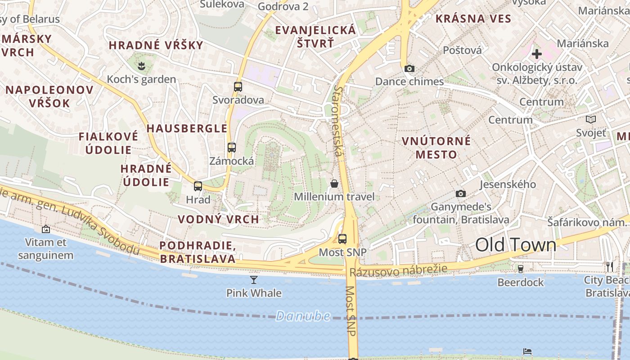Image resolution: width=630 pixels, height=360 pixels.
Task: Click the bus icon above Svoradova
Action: pyautogui.click(x=238, y=87)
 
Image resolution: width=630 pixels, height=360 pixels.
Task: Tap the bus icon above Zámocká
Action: pyautogui.click(x=232, y=148)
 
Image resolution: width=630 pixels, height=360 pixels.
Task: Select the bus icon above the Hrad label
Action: pyautogui.click(x=198, y=186)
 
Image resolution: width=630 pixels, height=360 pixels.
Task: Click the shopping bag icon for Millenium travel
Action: pyautogui.click(x=334, y=184)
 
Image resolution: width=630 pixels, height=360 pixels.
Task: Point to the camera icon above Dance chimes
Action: pyautogui.click(x=409, y=68)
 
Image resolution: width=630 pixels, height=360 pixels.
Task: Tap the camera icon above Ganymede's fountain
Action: pyautogui.click(x=461, y=193)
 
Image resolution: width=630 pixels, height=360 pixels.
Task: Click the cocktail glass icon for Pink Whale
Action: pyautogui.click(x=254, y=280)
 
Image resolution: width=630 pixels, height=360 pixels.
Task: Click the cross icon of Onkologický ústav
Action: pyautogui.click(x=536, y=54)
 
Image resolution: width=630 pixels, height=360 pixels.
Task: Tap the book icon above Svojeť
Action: pyautogui.click(x=591, y=120)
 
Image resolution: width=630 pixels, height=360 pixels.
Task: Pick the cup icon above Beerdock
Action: pyautogui.click(x=521, y=269)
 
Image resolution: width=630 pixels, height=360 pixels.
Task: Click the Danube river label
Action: pyautogui.click(x=303, y=316)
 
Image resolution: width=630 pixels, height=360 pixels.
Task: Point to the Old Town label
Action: pyautogui.click(x=516, y=245)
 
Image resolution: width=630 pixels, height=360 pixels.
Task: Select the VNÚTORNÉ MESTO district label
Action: pyautogui.click(x=436, y=148)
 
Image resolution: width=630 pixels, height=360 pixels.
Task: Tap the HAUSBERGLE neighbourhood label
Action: pyautogui.click(x=187, y=128)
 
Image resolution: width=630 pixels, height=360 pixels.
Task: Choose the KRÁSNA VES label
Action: pyautogui.click(x=473, y=18)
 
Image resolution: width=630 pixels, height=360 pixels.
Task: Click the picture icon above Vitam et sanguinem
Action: pyautogui.click(x=46, y=229)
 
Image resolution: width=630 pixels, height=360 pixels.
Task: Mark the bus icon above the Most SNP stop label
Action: pyautogui.click(x=342, y=239)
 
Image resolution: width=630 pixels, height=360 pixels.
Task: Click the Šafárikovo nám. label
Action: pyautogui.click(x=587, y=222)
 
